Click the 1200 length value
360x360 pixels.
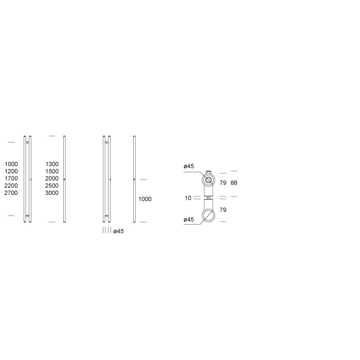coord(11,171)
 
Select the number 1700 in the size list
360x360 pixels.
coord(11,178)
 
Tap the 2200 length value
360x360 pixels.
coord(11,186)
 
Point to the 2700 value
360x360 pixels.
coord(11,193)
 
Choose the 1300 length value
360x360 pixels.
coord(52,164)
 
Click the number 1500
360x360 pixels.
coord(52,171)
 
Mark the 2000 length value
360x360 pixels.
coord(52,178)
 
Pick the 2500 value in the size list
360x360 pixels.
coord(52,186)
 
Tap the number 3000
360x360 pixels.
coord(52,193)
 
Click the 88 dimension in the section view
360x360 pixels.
coord(234,183)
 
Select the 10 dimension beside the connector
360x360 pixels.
coord(189,197)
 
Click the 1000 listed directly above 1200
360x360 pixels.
coord(11,164)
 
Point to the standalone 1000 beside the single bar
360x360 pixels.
coord(145,199)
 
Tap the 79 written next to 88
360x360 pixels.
coord(223,183)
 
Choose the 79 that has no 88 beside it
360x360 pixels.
coord(223,210)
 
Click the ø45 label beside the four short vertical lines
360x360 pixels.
coord(118,231)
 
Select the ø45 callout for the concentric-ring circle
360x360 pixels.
coord(188,166)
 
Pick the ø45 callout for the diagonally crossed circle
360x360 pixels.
coord(188,220)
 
